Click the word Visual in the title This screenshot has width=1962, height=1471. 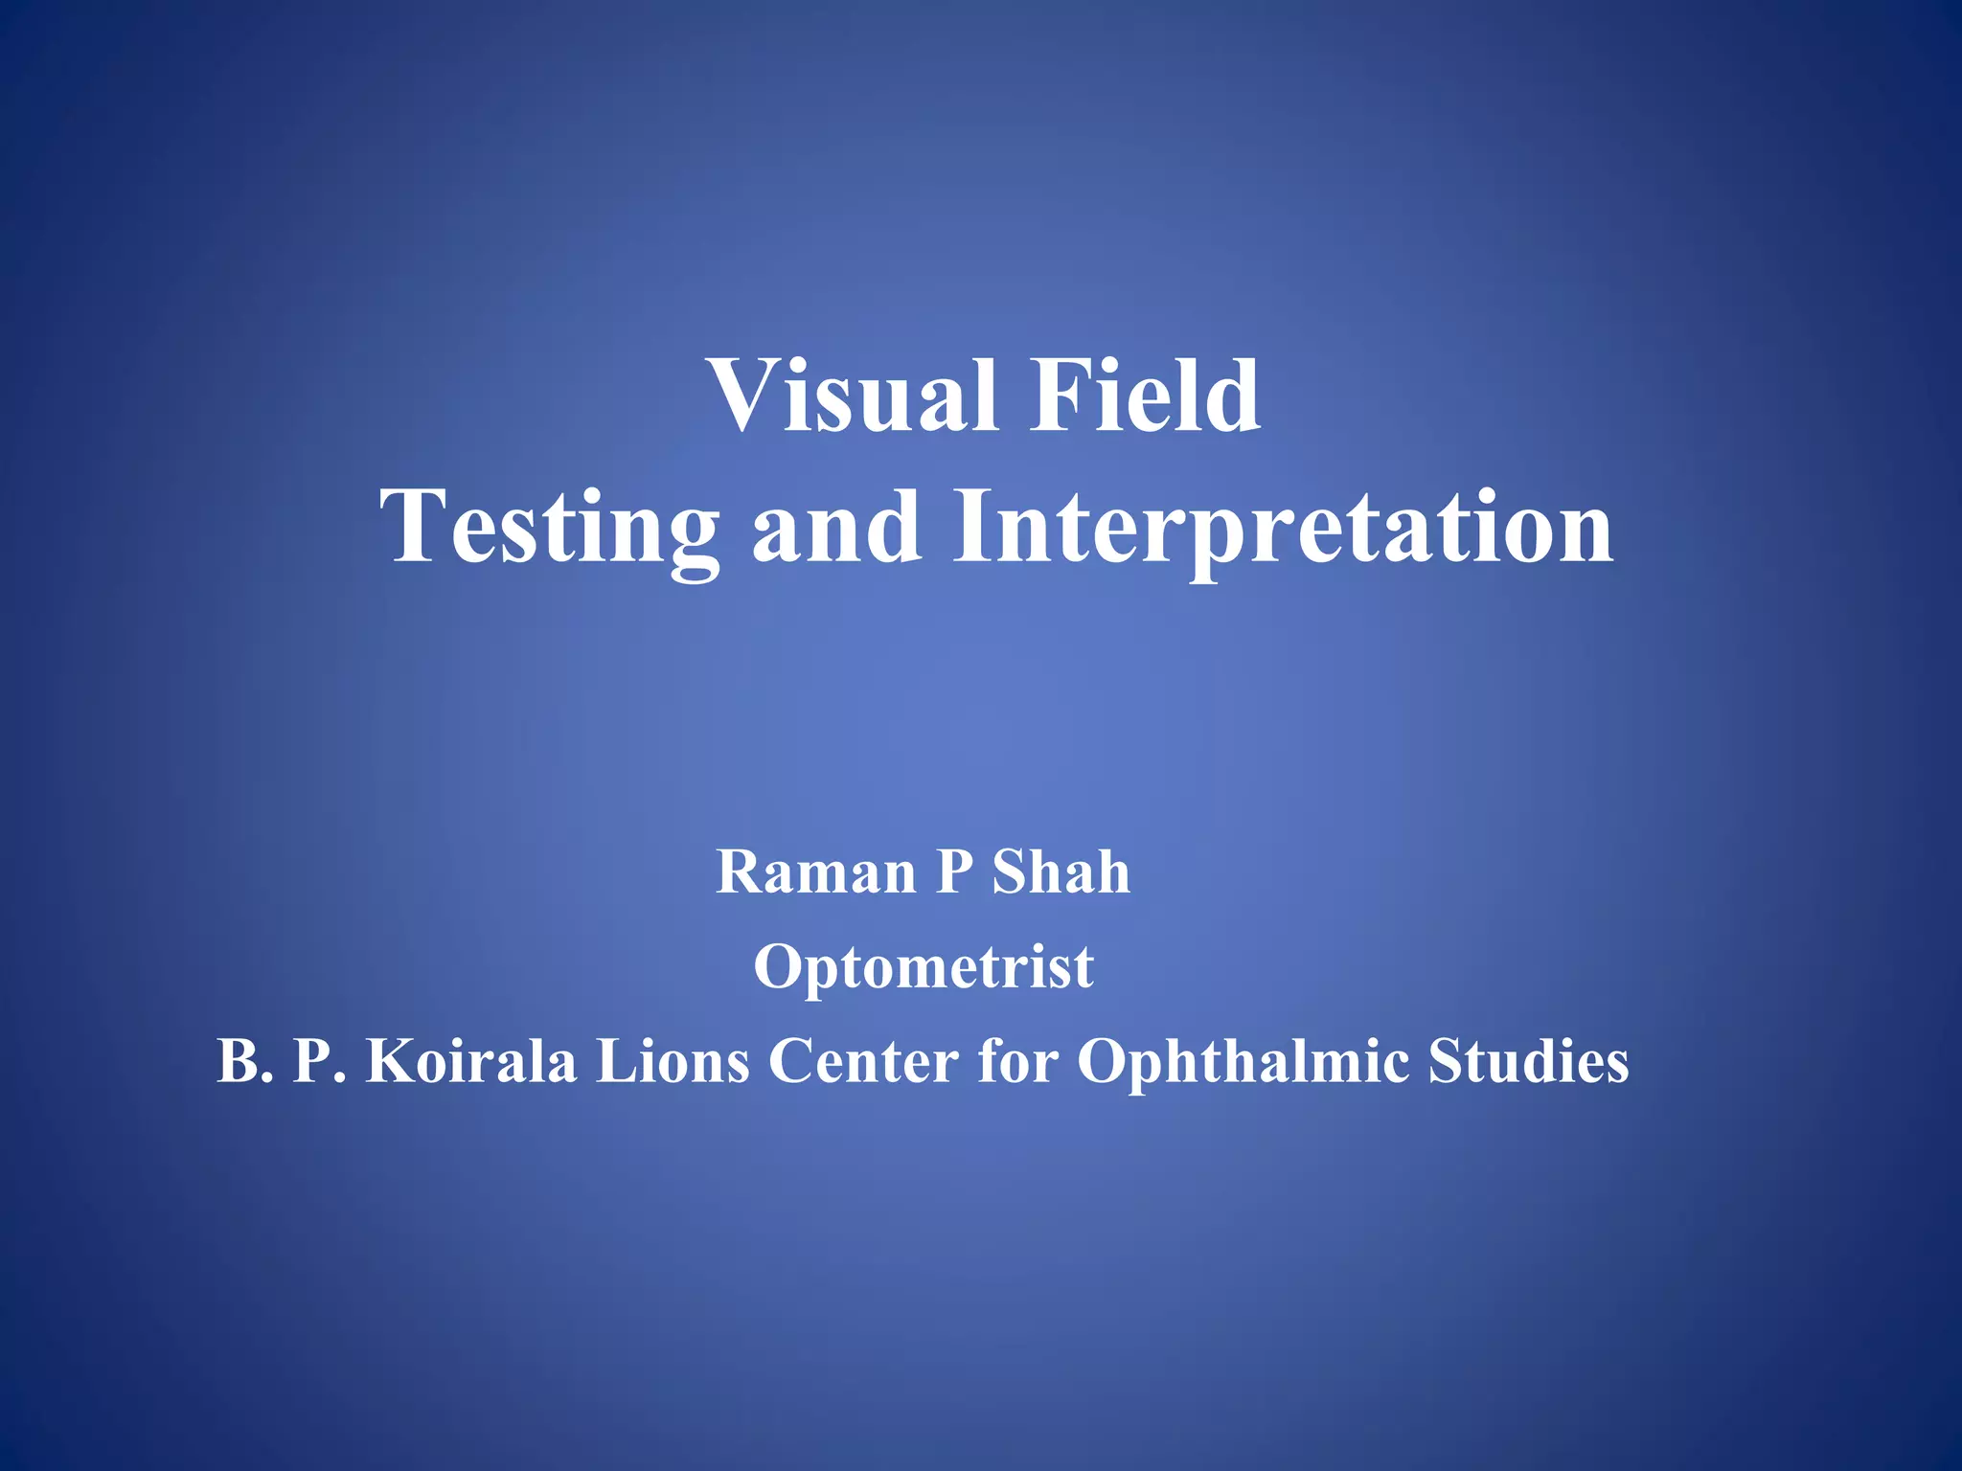click(853, 395)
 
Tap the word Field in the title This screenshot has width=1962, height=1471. click(1145, 395)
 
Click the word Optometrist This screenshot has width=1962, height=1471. click(924, 966)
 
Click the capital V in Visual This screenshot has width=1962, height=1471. click(743, 395)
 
